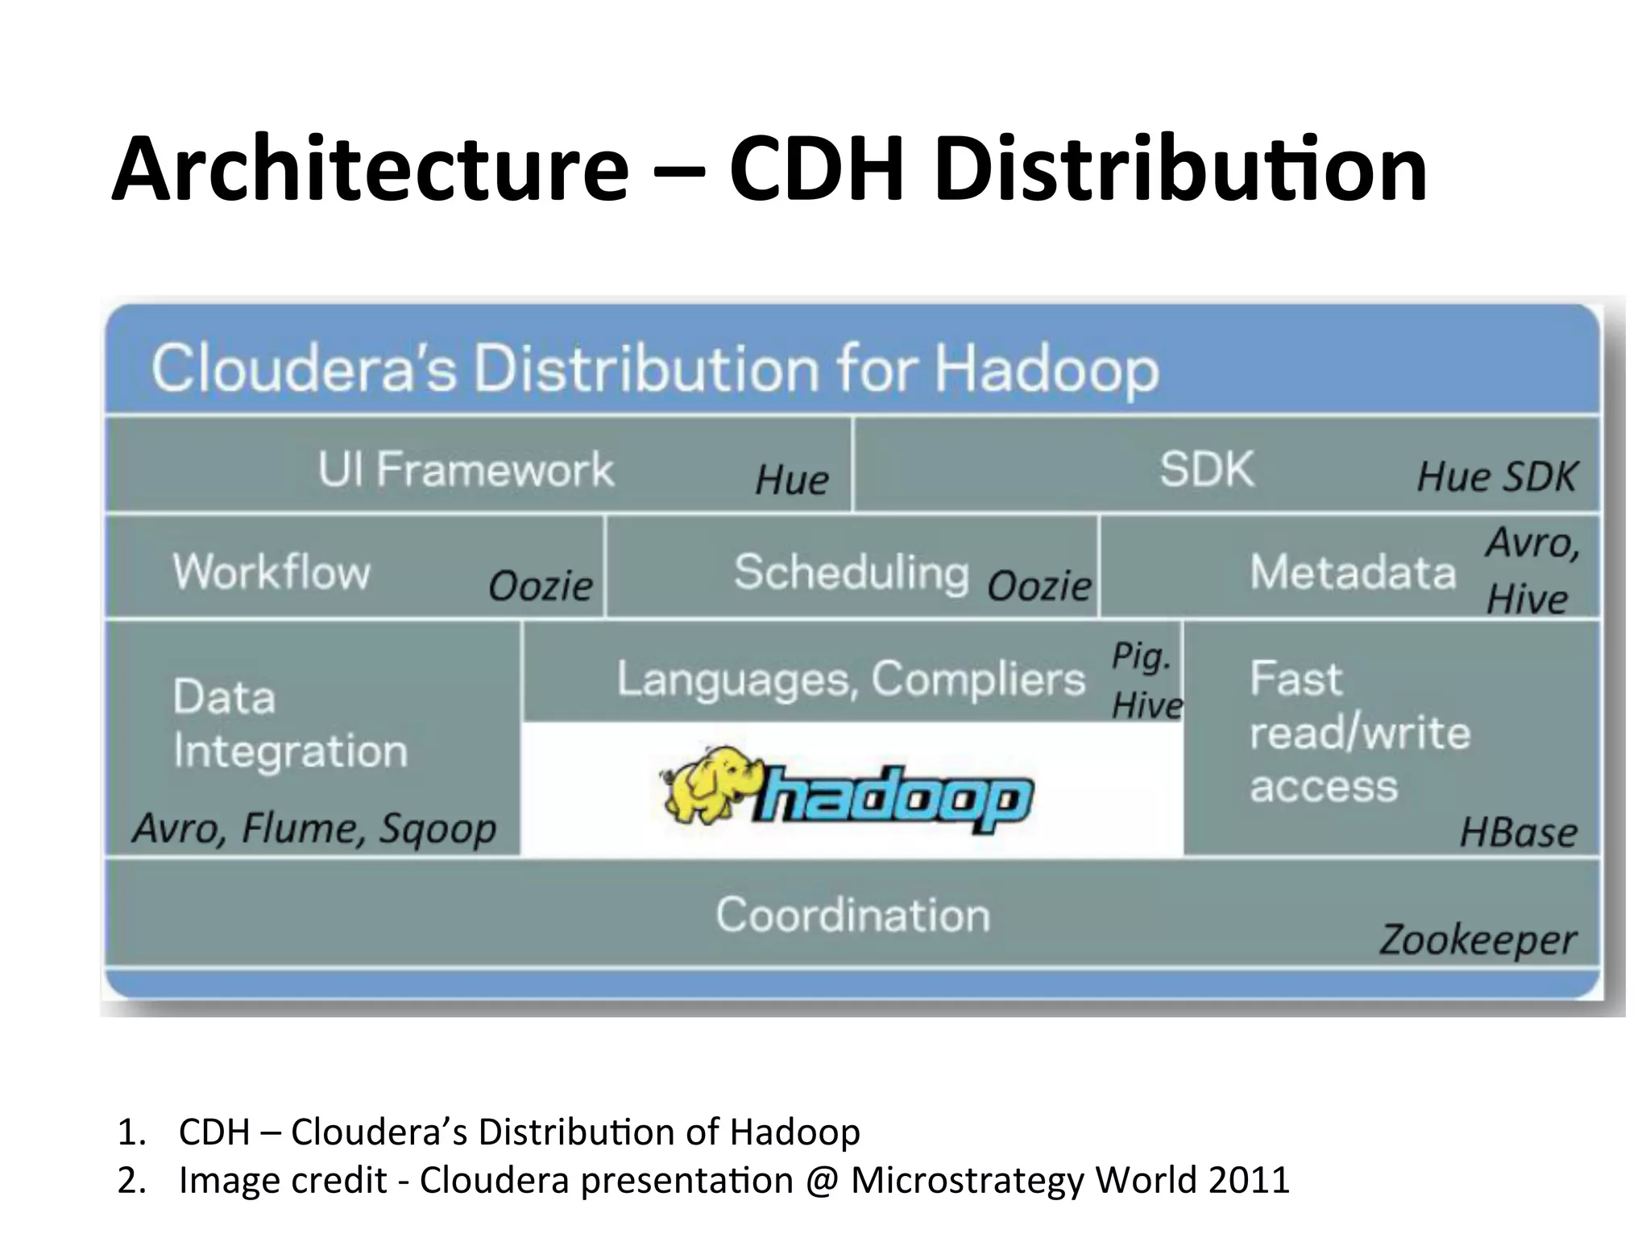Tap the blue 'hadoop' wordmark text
point(894,798)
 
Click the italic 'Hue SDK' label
point(1496,476)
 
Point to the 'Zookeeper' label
point(1478,940)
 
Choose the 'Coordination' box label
point(852,916)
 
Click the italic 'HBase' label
point(1519,833)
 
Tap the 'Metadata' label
point(1353,572)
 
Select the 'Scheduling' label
point(851,572)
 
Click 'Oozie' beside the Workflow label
point(541,586)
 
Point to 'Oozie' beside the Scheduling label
point(1039,586)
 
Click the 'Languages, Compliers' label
point(851,679)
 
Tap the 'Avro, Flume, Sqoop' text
point(314,829)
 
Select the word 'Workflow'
point(272,572)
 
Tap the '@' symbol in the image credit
point(822,1180)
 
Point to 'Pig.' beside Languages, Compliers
point(1141,656)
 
